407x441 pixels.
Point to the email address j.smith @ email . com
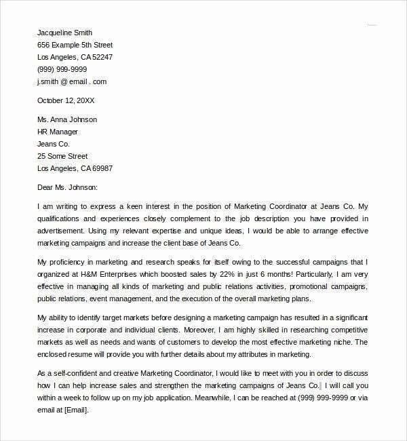[x=72, y=81]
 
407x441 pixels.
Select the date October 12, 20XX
[x=66, y=100]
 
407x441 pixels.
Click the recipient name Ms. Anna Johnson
[x=67, y=119]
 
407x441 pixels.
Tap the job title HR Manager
[x=58, y=132]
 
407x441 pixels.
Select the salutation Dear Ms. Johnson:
[x=68, y=187]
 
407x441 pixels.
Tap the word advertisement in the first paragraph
[x=64, y=231]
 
